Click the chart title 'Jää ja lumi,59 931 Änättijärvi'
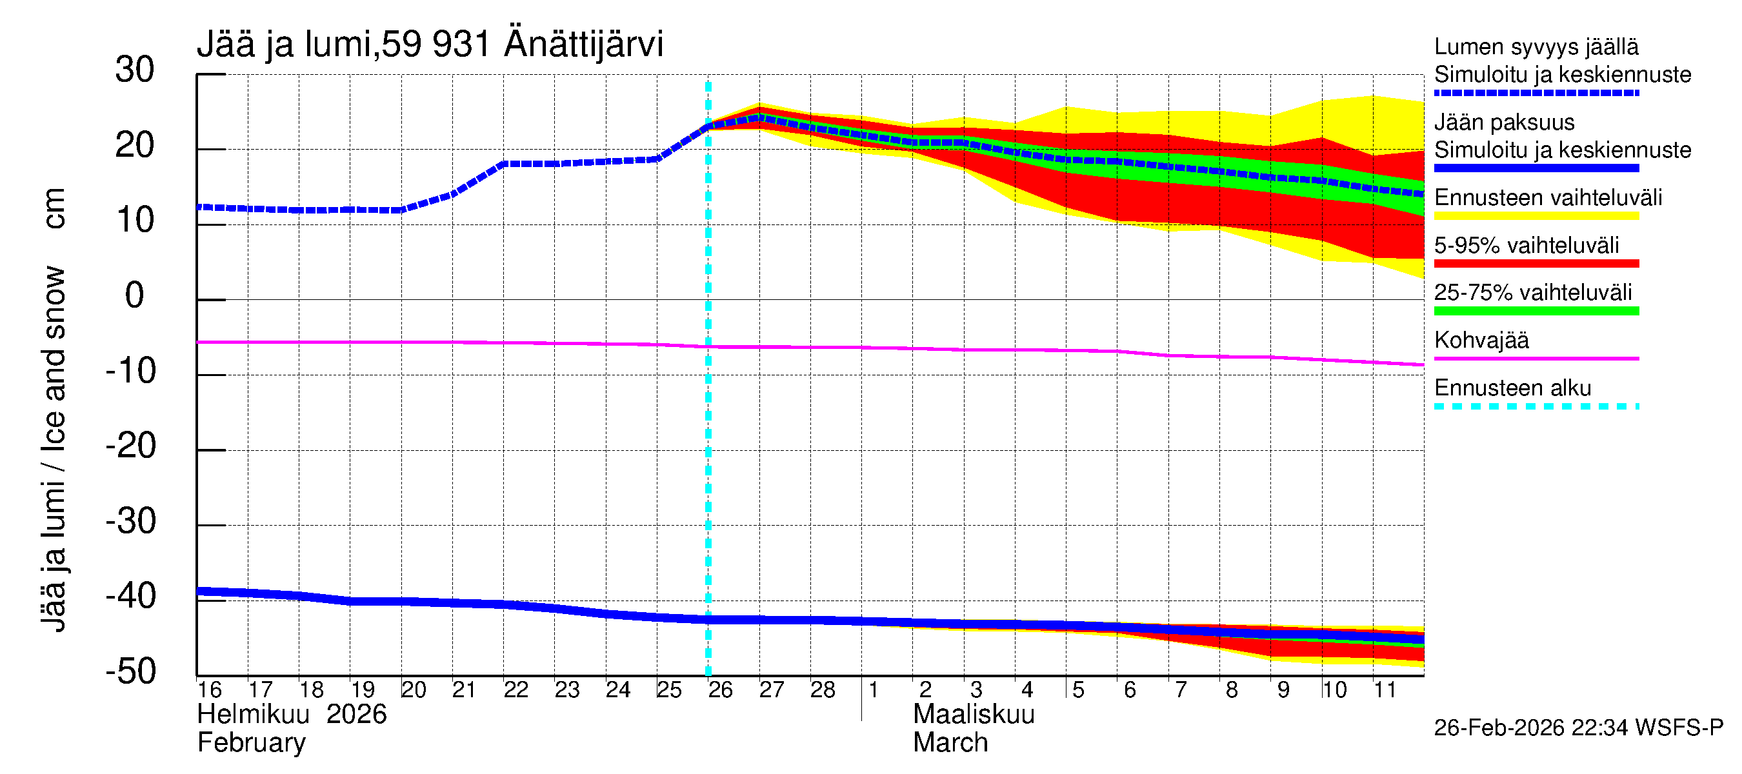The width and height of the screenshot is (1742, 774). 430,45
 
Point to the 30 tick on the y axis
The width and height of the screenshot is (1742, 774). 135,70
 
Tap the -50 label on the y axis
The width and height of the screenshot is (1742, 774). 131,672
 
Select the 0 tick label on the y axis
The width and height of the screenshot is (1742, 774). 135,296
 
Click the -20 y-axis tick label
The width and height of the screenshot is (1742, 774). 131,446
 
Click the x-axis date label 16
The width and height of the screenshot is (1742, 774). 210,690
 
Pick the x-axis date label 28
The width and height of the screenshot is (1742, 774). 823,690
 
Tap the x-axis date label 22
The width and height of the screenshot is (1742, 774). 516,690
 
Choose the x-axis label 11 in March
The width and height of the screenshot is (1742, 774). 1385,690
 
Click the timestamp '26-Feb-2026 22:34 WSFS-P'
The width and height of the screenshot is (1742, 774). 1578,728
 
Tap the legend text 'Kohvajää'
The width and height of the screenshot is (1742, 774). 1481,340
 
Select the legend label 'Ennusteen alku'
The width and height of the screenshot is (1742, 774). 1513,388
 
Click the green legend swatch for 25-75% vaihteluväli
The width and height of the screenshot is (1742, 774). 1536,311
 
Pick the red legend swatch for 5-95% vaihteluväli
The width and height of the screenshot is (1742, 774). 1536,264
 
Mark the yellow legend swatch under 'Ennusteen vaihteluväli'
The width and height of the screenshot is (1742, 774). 1536,216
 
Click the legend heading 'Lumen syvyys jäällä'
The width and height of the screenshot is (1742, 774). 1536,47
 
